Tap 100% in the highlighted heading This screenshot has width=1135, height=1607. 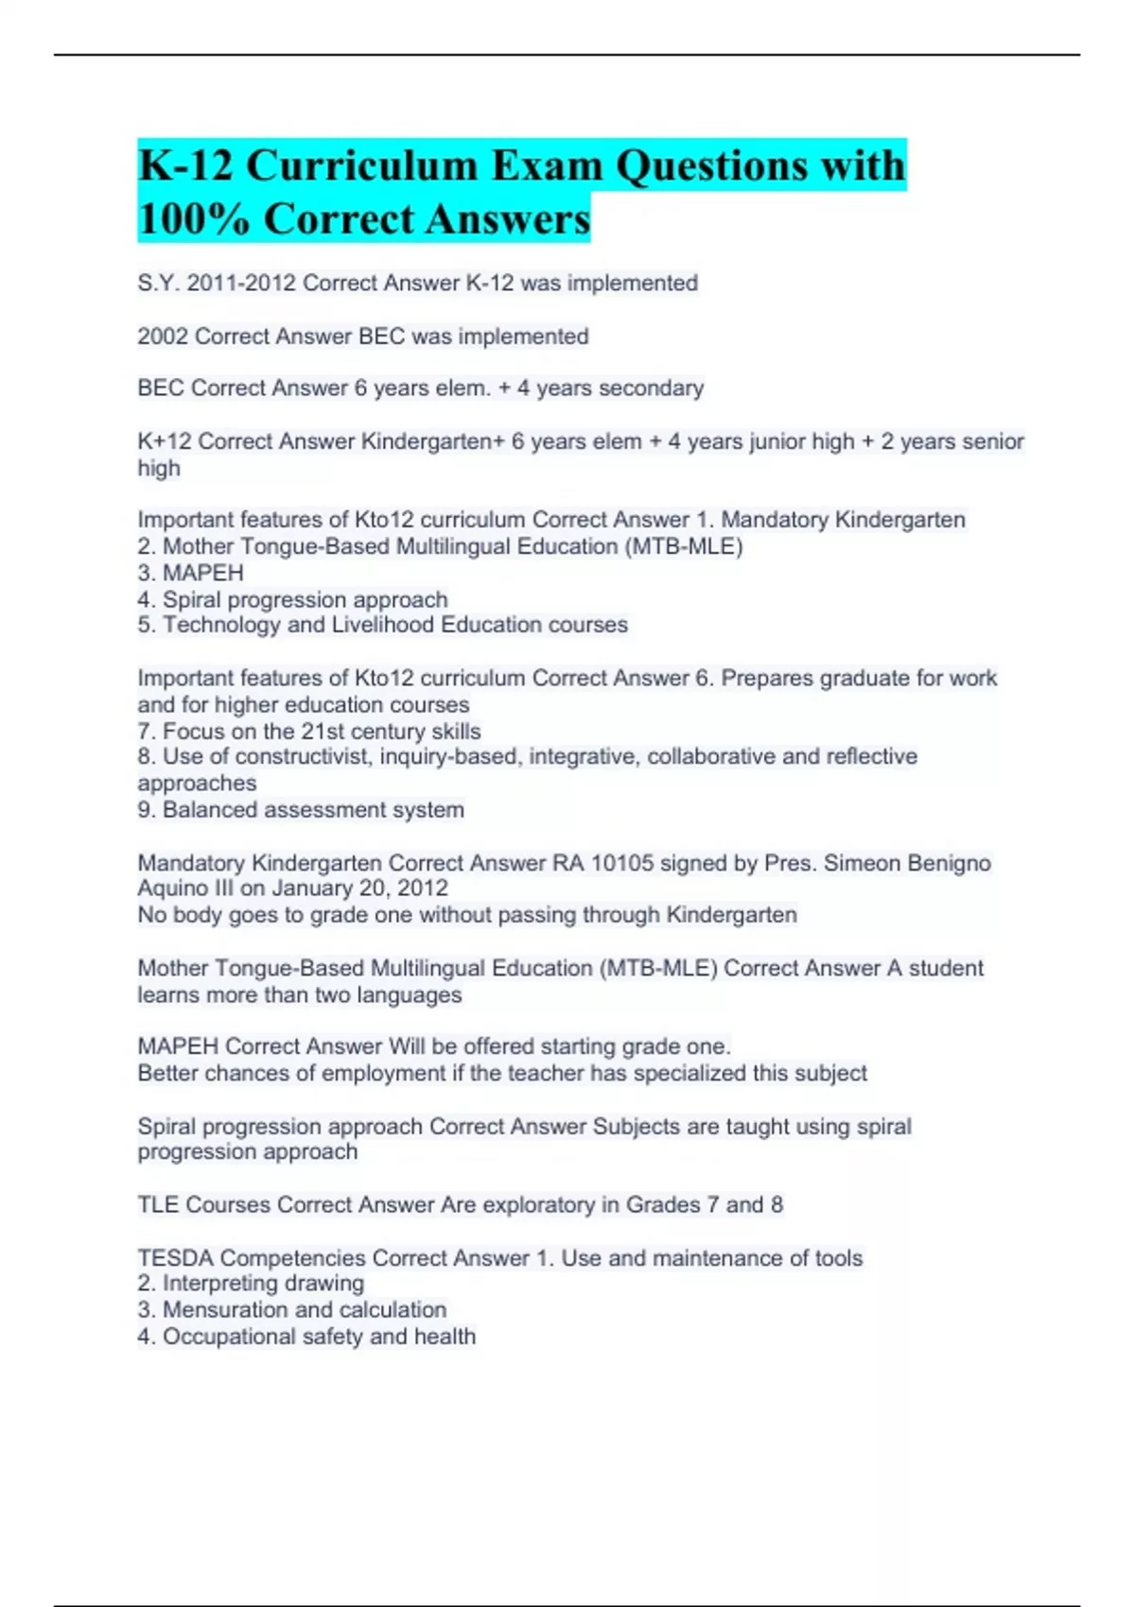pos(193,219)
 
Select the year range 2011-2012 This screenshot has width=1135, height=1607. pos(241,284)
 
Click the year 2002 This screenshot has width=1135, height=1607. pos(162,337)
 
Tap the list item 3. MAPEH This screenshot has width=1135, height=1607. pos(190,573)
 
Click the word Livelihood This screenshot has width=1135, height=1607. pos(383,625)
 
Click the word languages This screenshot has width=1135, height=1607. pos(409,995)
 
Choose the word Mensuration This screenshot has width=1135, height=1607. pos(225,1310)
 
